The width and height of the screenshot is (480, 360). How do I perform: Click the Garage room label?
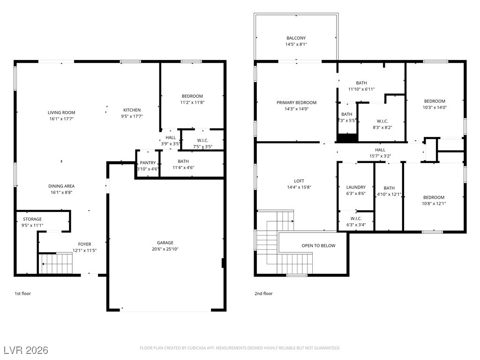pos(165,243)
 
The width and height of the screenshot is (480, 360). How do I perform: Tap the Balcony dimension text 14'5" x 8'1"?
pos(296,45)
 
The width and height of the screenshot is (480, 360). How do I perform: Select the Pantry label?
pos(148,163)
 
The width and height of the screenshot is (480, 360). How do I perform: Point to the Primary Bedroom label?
pos(296,103)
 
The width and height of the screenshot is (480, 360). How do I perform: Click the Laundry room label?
pos(356,187)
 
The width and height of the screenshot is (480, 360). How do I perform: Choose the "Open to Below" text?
pos(318,246)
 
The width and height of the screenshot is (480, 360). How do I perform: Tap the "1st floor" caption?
pos(23,293)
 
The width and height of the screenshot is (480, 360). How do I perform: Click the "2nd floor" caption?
pos(263,293)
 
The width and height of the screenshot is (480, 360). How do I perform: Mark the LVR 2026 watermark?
pos(26,350)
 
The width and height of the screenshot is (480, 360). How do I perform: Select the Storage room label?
pos(32,219)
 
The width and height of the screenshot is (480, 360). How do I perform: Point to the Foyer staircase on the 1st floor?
pos(55,263)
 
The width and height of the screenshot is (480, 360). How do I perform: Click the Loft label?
pos(299,181)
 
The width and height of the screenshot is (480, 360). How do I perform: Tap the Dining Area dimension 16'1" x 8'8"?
pos(61,193)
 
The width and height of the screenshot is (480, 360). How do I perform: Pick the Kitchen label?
pos(132,110)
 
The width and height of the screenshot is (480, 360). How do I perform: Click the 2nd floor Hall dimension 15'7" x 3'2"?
pos(380,156)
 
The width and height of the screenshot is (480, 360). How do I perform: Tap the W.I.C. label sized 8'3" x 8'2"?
pos(382,121)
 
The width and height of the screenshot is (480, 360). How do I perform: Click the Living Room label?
pos(61,112)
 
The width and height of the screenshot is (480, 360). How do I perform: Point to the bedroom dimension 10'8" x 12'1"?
pos(434,203)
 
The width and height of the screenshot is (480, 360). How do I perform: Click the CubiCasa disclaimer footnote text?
pos(240,348)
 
